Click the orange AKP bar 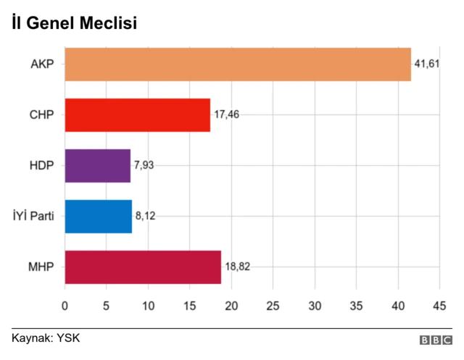pyautogui.click(x=238, y=64)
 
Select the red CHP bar pyautogui.click(x=138, y=114)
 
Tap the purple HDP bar pyautogui.click(x=98, y=165)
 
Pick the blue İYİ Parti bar pyautogui.click(x=99, y=216)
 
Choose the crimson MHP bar pyautogui.click(x=143, y=267)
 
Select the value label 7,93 pyautogui.click(x=144, y=165)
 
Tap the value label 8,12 pyautogui.click(x=145, y=216)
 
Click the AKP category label pyautogui.click(x=42, y=64)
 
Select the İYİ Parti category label pyautogui.click(x=33, y=216)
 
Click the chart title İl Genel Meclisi pyautogui.click(x=74, y=23)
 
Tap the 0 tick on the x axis pyautogui.click(x=65, y=306)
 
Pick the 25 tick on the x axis pyautogui.click(x=273, y=306)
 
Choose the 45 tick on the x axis pyautogui.click(x=439, y=306)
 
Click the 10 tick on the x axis pyautogui.click(x=148, y=306)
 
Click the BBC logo pyautogui.click(x=435, y=339)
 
